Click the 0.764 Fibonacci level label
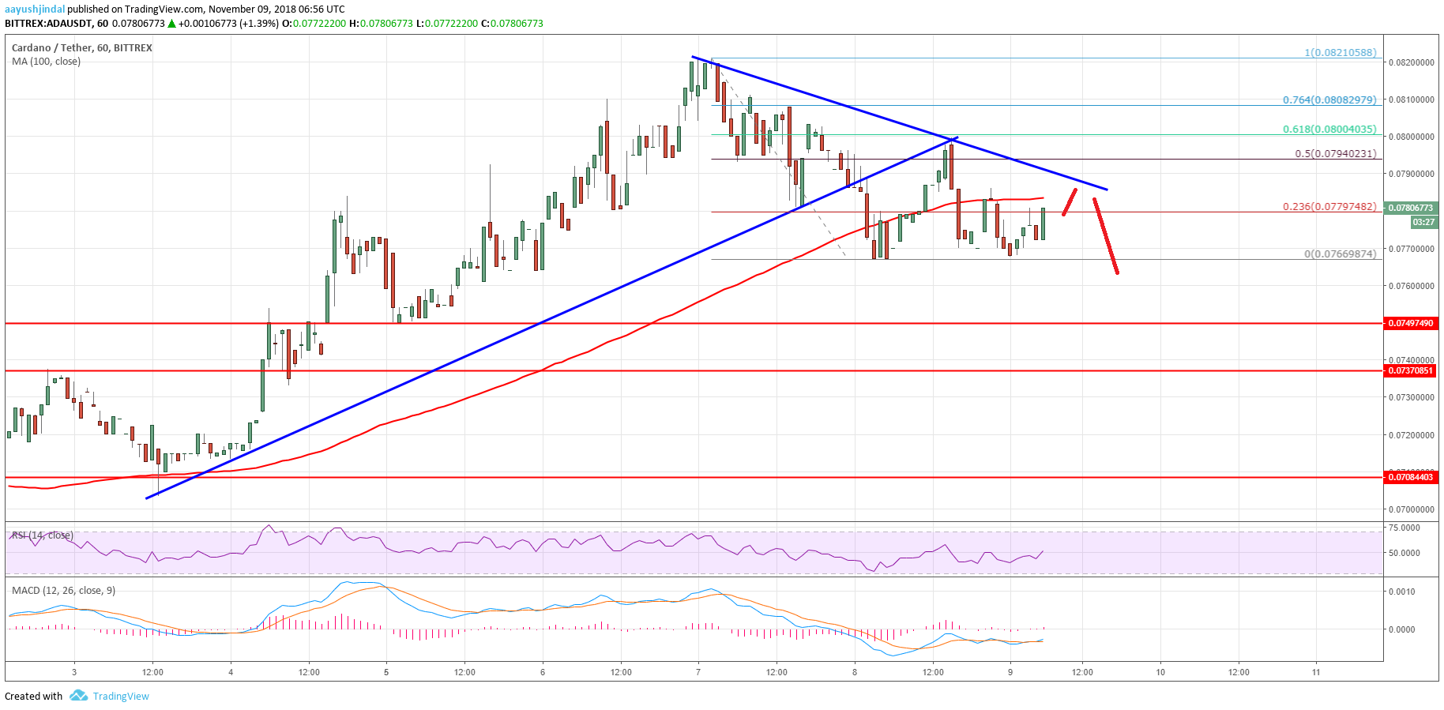[x=1329, y=100]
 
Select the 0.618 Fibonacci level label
[x=1329, y=130]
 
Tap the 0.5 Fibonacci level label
[x=1336, y=154]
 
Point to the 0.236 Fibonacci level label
[x=1329, y=207]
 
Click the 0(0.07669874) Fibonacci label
[x=1340, y=254]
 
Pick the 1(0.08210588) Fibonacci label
[x=1340, y=53]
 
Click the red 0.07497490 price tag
[x=1411, y=323]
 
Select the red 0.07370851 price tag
[x=1411, y=370]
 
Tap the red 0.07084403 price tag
[x=1411, y=477]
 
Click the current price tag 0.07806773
[x=1411, y=208]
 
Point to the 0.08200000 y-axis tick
[x=1411, y=62]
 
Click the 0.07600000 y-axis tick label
[x=1411, y=286]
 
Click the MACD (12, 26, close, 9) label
[x=63, y=591]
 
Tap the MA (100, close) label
[x=46, y=62]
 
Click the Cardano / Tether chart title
[x=82, y=48]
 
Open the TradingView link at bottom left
[x=120, y=697]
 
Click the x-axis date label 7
[x=698, y=672]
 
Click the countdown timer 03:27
[x=1423, y=223]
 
